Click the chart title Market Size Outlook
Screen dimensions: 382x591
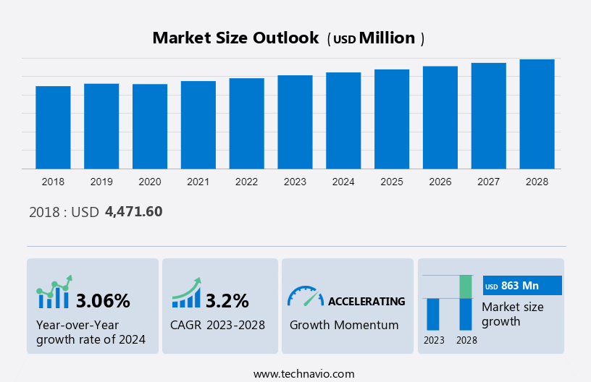pos(235,38)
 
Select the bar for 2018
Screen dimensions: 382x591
pos(53,127)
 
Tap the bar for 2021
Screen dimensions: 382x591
pos(198,124)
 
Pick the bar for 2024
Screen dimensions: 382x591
pos(343,120)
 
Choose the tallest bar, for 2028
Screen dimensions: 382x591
pos(537,114)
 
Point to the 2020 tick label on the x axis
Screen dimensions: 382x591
pos(150,182)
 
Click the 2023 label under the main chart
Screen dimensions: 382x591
pos(295,182)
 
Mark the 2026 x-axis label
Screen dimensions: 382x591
pos(440,182)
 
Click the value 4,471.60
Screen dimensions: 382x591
pos(133,212)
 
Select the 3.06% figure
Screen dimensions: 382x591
pos(103,300)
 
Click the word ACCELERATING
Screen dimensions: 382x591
pos(366,301)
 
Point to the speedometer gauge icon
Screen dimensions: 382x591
pos(305,295)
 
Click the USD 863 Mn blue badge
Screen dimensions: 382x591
pos(522,285)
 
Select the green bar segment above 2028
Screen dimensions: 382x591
pos(466,286)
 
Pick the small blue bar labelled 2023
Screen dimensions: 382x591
pos(433,314)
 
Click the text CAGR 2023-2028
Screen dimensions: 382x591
pos(217,325)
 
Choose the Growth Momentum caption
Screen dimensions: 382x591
pos(344,325)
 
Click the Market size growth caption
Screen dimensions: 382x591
pos(512,314)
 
